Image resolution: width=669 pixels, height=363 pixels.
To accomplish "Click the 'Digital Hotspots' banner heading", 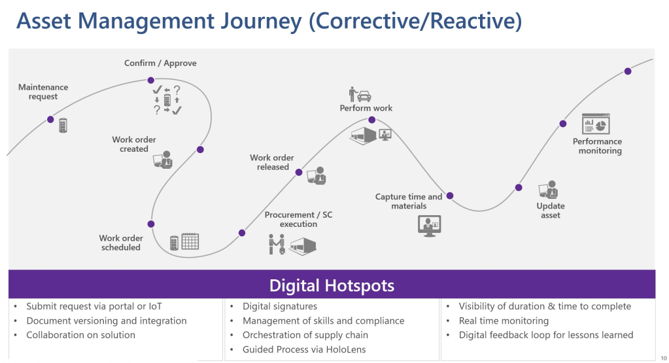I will point(332,285).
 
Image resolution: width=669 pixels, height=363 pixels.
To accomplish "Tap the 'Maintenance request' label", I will point(43,92).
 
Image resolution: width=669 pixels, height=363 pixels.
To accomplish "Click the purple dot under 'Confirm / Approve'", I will point(151,80).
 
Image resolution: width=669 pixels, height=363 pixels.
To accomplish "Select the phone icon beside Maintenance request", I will point(63,125).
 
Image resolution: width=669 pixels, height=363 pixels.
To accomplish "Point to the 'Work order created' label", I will point(134,144).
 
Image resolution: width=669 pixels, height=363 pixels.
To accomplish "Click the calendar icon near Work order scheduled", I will point(190,241).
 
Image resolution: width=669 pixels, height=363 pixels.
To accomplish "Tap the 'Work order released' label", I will point(272,162).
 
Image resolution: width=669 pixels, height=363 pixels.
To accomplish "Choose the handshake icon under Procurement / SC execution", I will point(277,244).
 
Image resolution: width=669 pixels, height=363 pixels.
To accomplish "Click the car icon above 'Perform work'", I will point(364,95).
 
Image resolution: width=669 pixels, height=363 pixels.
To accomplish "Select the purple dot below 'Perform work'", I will point(371,120).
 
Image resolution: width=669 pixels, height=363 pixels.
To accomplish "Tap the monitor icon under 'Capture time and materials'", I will point(429,225).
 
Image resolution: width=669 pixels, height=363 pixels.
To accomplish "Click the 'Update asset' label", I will point(551,211).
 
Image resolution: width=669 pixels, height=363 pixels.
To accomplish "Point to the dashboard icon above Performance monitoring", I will point(596,124).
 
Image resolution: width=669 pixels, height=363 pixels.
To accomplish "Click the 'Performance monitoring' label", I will point(598,146).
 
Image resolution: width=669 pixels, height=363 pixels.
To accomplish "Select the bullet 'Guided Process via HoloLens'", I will point(304,349).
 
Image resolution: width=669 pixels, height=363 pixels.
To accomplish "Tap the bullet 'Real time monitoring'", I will point(504,320).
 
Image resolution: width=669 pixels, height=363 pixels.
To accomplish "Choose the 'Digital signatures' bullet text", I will point(280,306).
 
